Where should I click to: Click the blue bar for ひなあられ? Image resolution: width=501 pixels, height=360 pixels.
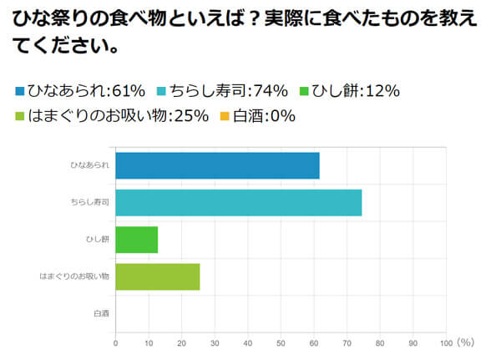(x=217, y=166)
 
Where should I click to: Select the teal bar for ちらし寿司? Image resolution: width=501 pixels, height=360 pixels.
(x=239, y=203)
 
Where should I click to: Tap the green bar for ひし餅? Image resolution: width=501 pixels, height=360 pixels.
(x=136, y=240)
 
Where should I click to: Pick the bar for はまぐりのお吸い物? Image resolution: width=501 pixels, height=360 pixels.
(x=158, y=276)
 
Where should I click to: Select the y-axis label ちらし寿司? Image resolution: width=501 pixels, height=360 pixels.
(x=90, y=203)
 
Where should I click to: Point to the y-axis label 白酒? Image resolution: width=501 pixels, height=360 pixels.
(x=102, y=313)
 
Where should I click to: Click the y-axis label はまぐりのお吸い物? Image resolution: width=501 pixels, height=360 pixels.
(x=75, y=276)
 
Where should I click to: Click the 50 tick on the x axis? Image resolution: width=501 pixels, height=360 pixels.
(x=281, y=343)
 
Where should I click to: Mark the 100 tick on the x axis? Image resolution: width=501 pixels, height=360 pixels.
(x=445, y=343)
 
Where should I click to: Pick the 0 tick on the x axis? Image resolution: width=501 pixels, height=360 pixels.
(x=115, y=343)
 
